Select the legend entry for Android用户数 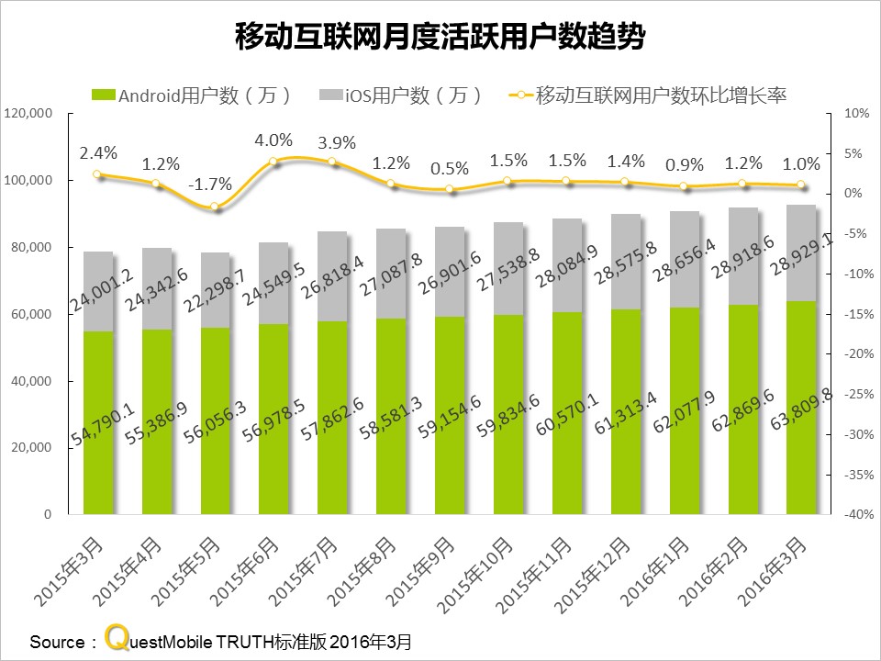point(193,95)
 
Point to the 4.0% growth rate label point(273,140)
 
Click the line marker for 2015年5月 point(216,207)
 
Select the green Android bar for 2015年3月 point(98,422)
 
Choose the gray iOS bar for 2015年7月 point(333,275)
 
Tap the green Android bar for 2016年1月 point(685,413)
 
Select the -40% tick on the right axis point(855,515)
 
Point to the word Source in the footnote point(56,641)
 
